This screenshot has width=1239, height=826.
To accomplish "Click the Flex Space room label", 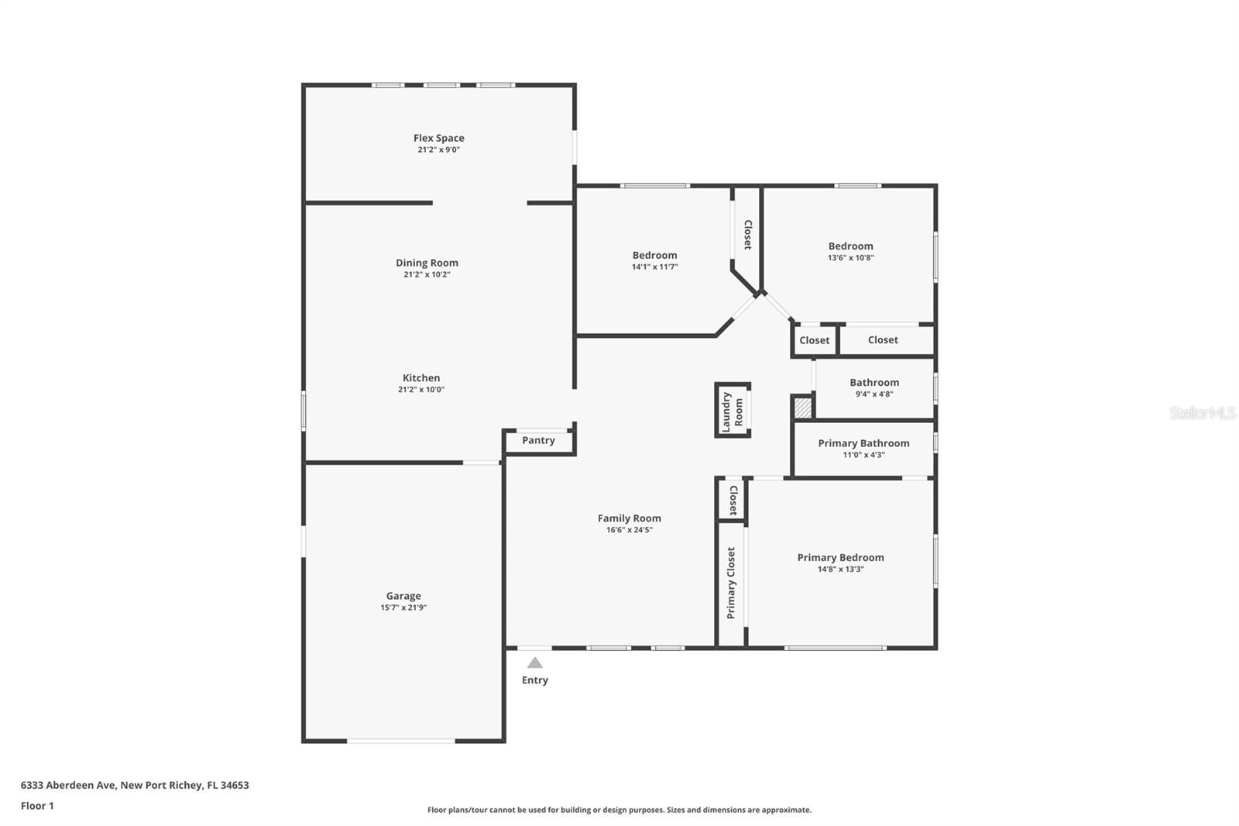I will click(x=438, y=138).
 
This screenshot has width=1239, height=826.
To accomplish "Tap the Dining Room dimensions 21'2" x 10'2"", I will click(x=427, y=274).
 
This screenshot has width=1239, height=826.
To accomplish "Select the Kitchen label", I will click(x=421, y=378).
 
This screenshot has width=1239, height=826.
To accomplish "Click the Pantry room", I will click(x=538, y=440).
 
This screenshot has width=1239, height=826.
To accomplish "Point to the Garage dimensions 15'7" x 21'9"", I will click(x=403, y=607).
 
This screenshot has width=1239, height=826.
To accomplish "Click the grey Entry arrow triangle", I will click(x=535, y=663).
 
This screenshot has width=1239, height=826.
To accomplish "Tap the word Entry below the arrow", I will click(x=535, y=680).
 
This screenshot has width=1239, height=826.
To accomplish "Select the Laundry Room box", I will click(x=732, y=411).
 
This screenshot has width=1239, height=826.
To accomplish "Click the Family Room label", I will click(x=629, y=518).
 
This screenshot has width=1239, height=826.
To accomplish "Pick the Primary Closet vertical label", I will click(x=730, y=583).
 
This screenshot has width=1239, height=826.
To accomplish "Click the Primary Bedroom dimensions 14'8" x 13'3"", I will click(x=840, y=569).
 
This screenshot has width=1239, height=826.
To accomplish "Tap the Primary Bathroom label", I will click(x=863, y=443).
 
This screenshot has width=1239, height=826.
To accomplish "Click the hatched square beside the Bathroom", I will click(x=802, y=408).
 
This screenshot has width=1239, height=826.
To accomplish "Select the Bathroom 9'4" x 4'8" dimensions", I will click(x=874, y=394).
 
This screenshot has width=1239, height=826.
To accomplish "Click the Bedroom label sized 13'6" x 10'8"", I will click(x=850, y=246).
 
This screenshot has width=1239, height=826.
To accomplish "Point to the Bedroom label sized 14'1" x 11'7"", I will click(x=654, y=255).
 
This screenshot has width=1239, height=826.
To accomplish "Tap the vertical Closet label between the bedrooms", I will click(x=747, y=235).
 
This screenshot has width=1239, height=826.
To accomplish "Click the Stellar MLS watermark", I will click(x=1202, y=413).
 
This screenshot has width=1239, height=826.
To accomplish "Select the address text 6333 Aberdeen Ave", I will click(x=68, y=785).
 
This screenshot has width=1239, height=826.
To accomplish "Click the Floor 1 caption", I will click(x=37, y=806).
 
